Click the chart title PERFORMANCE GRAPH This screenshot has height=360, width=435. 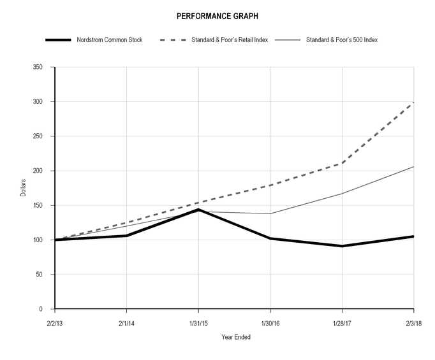(x=217, y=15)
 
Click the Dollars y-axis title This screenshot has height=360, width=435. (x=24, y=188)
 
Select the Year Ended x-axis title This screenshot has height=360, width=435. (x=235, y=337)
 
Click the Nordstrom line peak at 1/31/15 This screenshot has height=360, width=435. (x=198, y=210)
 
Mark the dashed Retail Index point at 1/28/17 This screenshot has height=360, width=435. (x=343, y=163)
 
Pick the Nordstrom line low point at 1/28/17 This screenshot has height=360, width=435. (x=343, y=246)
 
